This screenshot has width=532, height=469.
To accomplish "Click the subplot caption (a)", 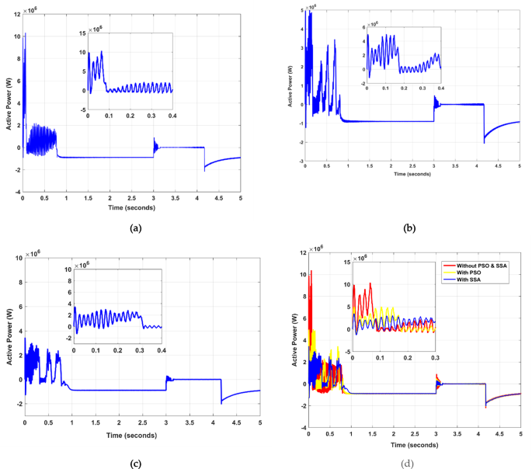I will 137,228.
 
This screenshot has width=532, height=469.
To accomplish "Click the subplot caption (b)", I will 405,228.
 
